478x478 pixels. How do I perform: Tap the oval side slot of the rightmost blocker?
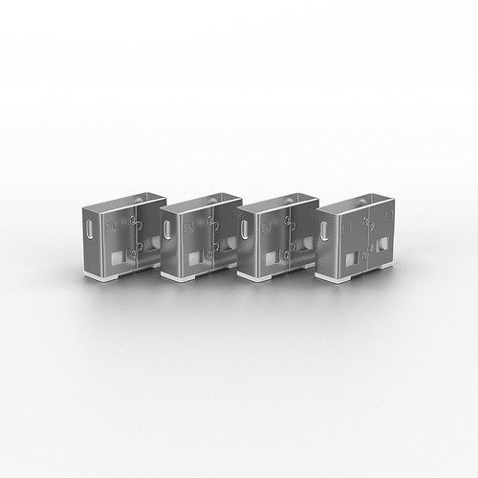(323, 230)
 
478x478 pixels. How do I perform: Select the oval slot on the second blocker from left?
(166, 230)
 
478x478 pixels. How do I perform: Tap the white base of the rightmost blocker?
(354, 275)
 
